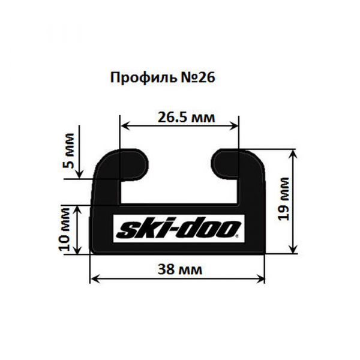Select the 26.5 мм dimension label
point(182,116)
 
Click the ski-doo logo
point(178,228)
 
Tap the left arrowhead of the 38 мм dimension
point(93,278)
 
